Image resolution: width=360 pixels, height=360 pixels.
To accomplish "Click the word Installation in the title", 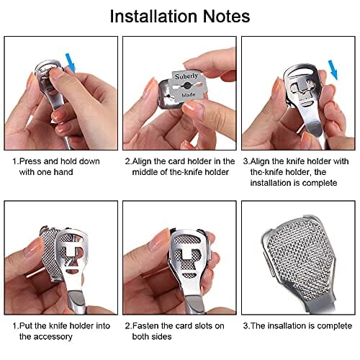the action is pos(153,17).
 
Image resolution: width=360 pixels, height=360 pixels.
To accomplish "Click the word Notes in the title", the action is pos(226,17).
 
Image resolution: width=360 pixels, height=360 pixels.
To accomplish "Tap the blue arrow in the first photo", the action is pos(71,63).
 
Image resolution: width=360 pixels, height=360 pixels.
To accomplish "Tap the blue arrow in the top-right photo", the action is pos(333,70).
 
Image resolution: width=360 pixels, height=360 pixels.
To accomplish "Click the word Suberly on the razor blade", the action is pos(186,76).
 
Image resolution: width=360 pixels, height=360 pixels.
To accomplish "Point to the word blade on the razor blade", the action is pos(189,95).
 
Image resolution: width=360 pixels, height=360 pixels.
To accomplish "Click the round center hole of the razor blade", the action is pos(186,85).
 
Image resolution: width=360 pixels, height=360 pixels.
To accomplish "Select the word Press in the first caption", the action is pos(31,161).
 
